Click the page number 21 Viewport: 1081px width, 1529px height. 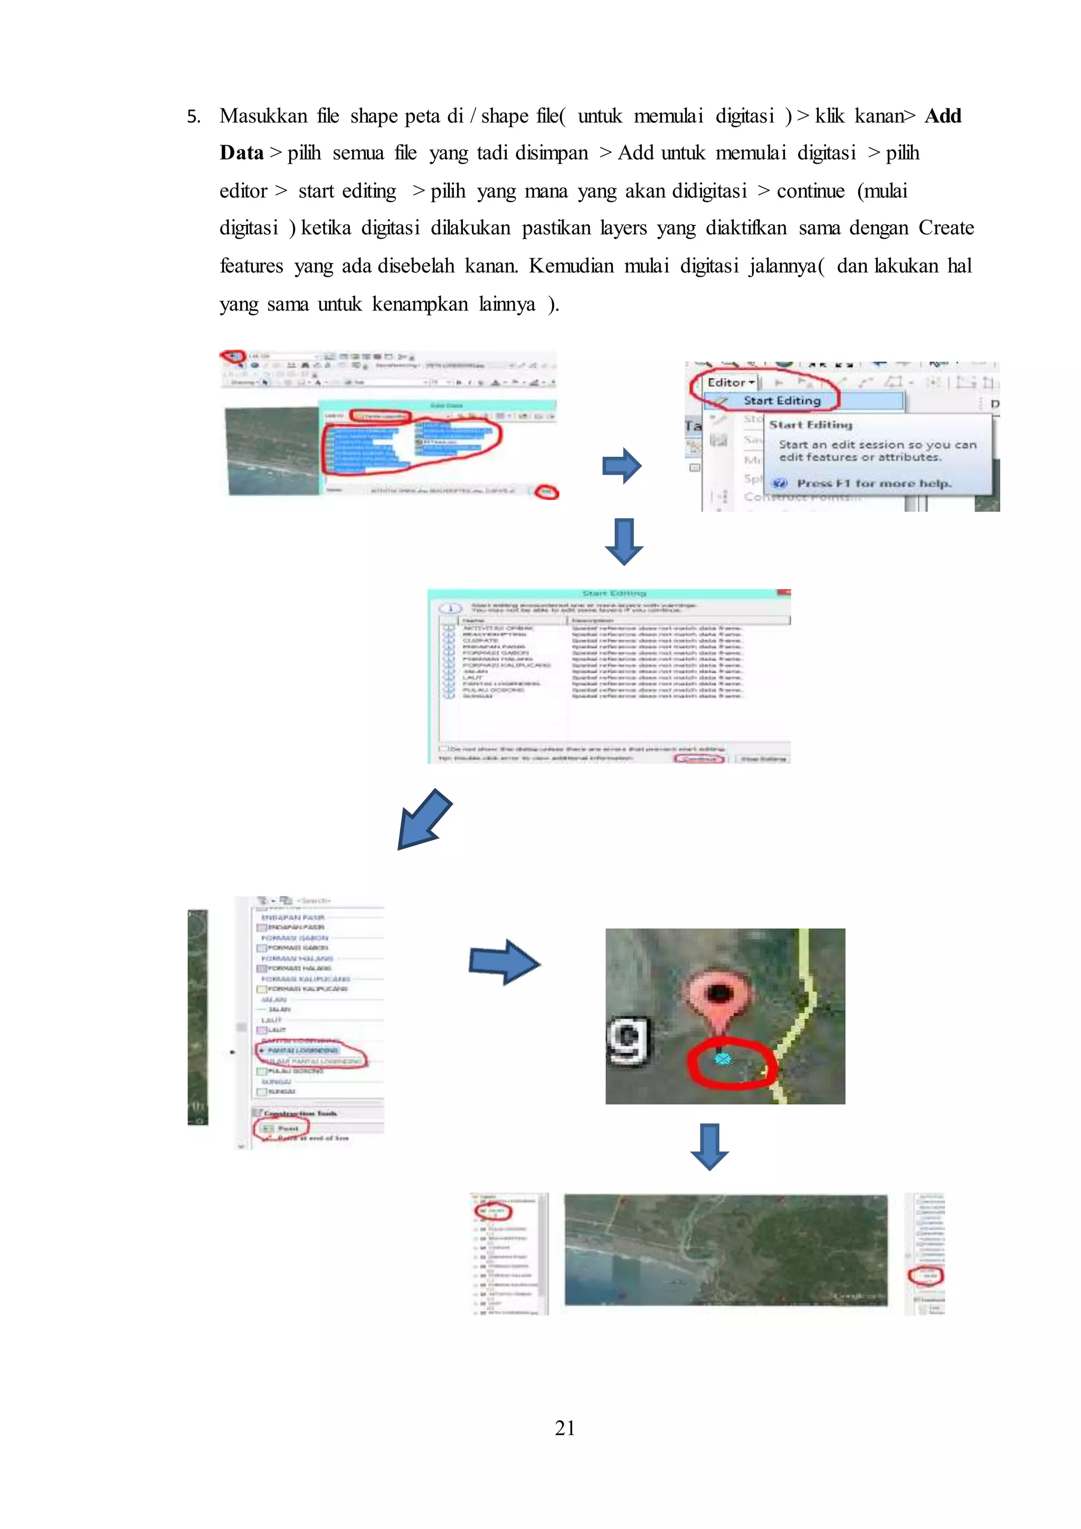[564, 1427]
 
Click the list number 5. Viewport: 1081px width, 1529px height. [193, 117]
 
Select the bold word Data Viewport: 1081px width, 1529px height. [242, 153]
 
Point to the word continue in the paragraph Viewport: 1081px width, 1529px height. [810, 191]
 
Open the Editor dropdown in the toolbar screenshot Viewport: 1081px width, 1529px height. [731, 382]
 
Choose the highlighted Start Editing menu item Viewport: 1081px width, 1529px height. [782, 400]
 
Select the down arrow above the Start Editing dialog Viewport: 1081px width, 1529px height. [623, 541]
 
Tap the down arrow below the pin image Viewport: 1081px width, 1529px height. [709, 1147]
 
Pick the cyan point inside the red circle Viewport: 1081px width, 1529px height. [722, 1058]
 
